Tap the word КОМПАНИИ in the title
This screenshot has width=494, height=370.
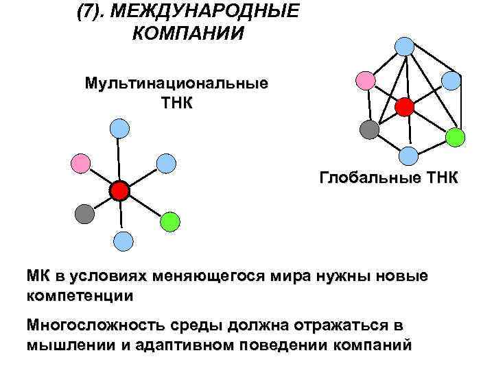[x=187, y=34]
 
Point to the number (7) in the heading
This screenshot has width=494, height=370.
[x=91, y=12]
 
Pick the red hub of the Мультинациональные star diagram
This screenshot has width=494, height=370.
[x=120, y=190]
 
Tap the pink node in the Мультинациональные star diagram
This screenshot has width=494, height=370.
[x=81, y=162]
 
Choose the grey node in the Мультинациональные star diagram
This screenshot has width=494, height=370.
[x=84, y=213]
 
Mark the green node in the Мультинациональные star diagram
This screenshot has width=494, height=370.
[x=169, y=221]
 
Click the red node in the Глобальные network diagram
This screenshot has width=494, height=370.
[x=404, y=106]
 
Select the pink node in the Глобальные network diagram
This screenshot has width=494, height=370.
[x=366, y=80]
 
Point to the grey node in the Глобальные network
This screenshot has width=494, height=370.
[x=369, y=129]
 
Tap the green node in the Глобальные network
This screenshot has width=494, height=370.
[x=455, y=137]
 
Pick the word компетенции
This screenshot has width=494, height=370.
[x=80, y=297]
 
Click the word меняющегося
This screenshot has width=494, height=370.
[x=224, y=277]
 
